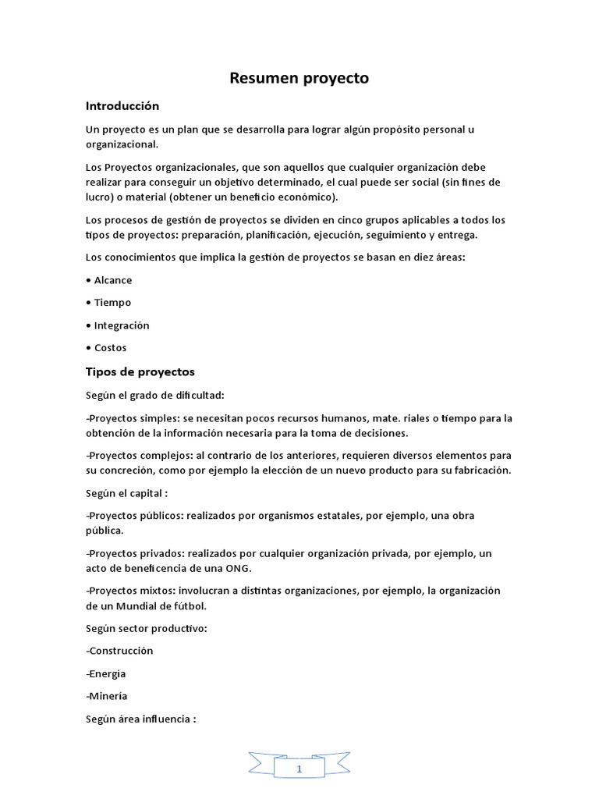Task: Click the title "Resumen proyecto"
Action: point(299,78)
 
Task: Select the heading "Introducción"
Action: point(122,105)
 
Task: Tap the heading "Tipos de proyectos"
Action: point(140,371)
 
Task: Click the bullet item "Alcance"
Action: point(112,280)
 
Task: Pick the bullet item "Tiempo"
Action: point(112,303)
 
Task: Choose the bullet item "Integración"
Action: point(121,325)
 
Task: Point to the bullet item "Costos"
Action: point(110,348)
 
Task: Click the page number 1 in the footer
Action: point(299,769)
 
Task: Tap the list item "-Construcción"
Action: point(119,651)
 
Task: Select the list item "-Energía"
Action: point(106,673)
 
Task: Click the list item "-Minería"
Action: point(107,696)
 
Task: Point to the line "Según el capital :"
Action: point(127,493)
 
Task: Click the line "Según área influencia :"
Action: point(140,719)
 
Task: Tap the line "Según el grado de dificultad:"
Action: point(154,395)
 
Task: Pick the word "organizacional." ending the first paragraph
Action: point(122,144)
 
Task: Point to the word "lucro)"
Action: point(101,197)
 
